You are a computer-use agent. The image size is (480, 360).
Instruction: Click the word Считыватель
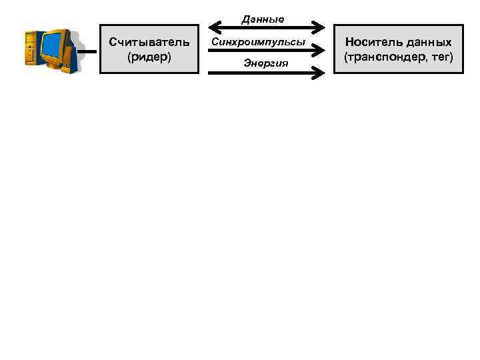[149, 43]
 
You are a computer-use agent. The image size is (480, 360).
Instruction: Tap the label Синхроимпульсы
[258, 42]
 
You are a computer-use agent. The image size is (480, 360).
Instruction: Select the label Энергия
[265, 63]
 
